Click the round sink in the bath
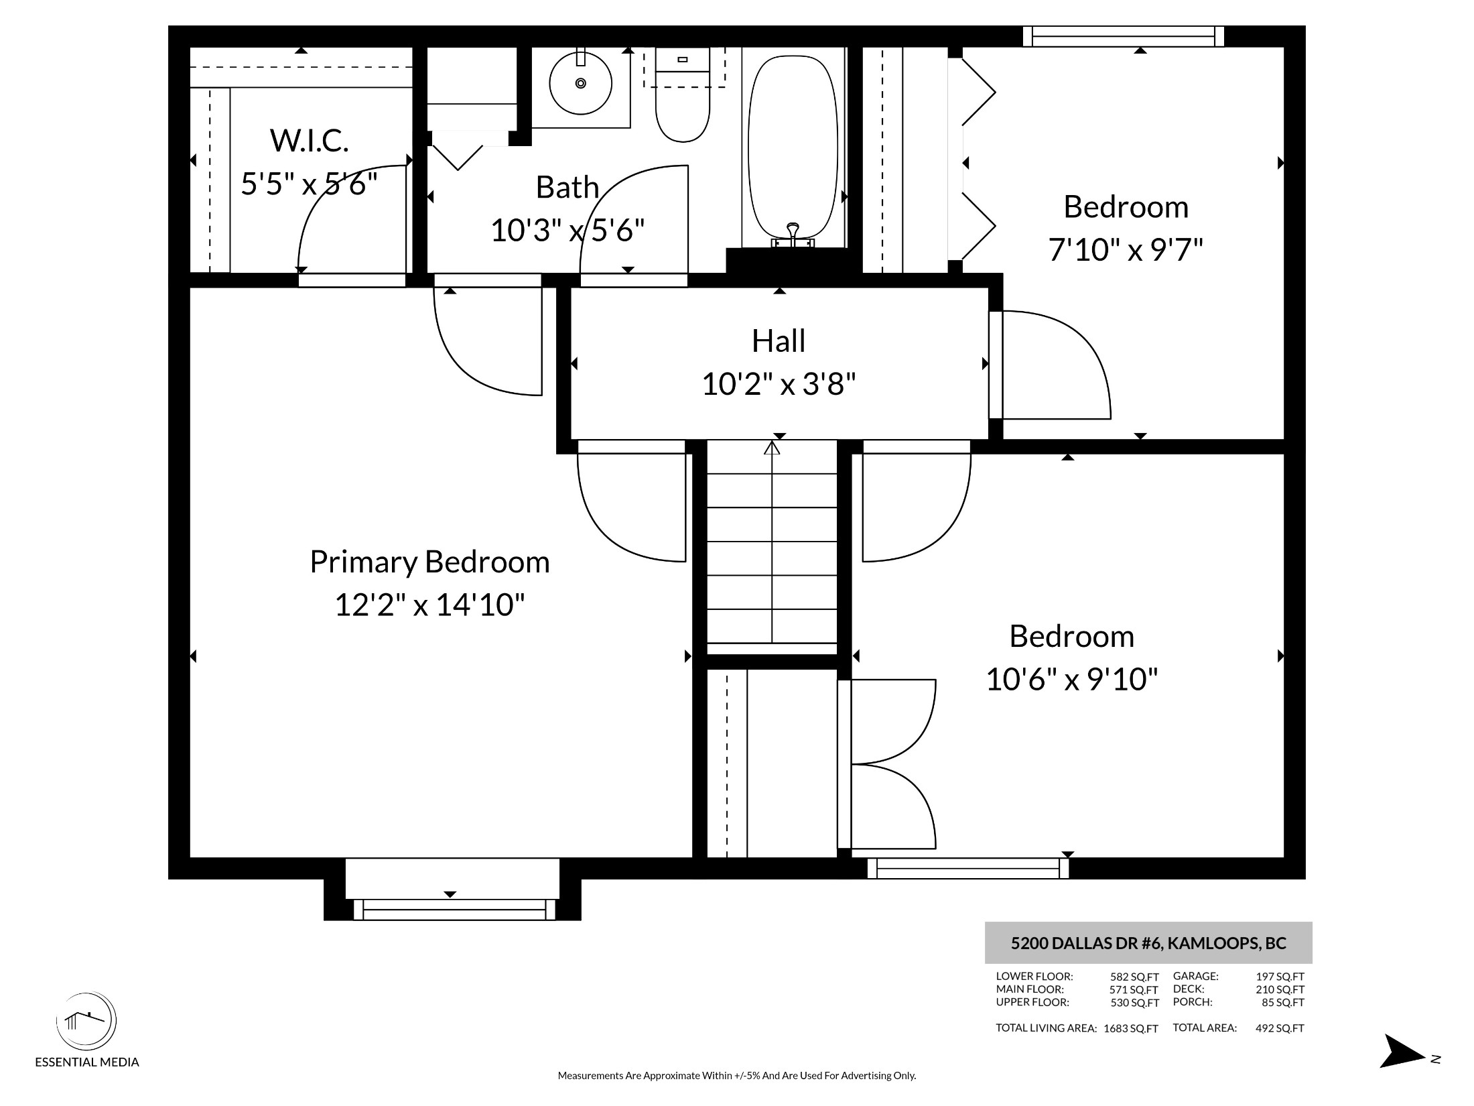[x=580, y=83]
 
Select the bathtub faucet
[x=793, y=234]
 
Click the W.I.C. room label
[x=310, y=140]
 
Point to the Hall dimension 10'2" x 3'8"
[x=779, y=385]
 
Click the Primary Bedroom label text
[x=429, y=562]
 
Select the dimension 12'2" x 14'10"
[x=429, y=605]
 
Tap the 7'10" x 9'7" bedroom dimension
[x=1126, y=250]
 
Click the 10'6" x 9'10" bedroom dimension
[x=1072, y=680]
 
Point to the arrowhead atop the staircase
[x=772, y=447]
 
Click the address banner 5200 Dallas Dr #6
[x=1148, y=943]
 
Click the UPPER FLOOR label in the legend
[x=1032, y=1002]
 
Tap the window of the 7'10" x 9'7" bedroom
[x=1124, y=36]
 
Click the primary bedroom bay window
[x=454, y=910]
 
